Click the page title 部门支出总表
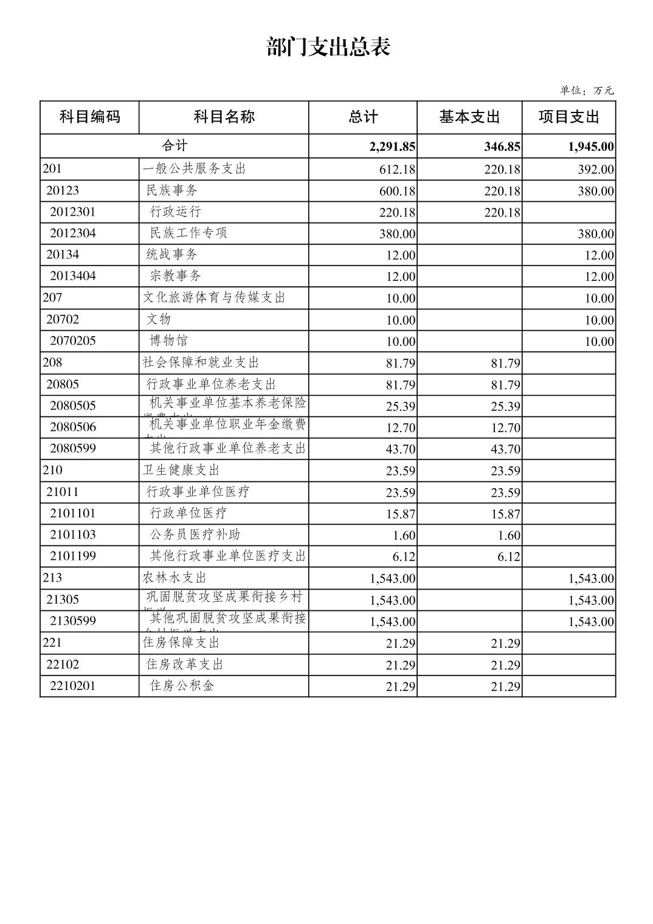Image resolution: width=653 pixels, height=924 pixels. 328,47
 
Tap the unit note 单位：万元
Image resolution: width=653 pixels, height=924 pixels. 587,91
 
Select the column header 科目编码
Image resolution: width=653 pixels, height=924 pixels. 89,117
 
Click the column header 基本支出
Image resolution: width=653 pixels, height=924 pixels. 469,117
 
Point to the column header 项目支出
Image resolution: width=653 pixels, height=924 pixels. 568,117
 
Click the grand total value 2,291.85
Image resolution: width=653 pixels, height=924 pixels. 392,147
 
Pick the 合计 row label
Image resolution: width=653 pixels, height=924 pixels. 174,146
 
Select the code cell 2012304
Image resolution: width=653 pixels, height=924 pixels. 73,233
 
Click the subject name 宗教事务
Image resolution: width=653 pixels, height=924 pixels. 175,276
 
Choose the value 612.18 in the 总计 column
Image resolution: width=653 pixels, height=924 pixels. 397,169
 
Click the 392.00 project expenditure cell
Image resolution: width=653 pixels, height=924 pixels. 596,169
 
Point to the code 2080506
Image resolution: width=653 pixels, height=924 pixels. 73,427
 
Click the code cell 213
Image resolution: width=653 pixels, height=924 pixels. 52,577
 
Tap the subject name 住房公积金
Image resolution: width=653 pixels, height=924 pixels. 182,686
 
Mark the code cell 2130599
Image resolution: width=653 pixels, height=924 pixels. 73,621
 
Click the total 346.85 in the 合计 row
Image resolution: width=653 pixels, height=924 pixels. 502,147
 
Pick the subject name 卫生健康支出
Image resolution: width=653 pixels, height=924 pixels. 181,470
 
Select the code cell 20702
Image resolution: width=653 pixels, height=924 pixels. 63,320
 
